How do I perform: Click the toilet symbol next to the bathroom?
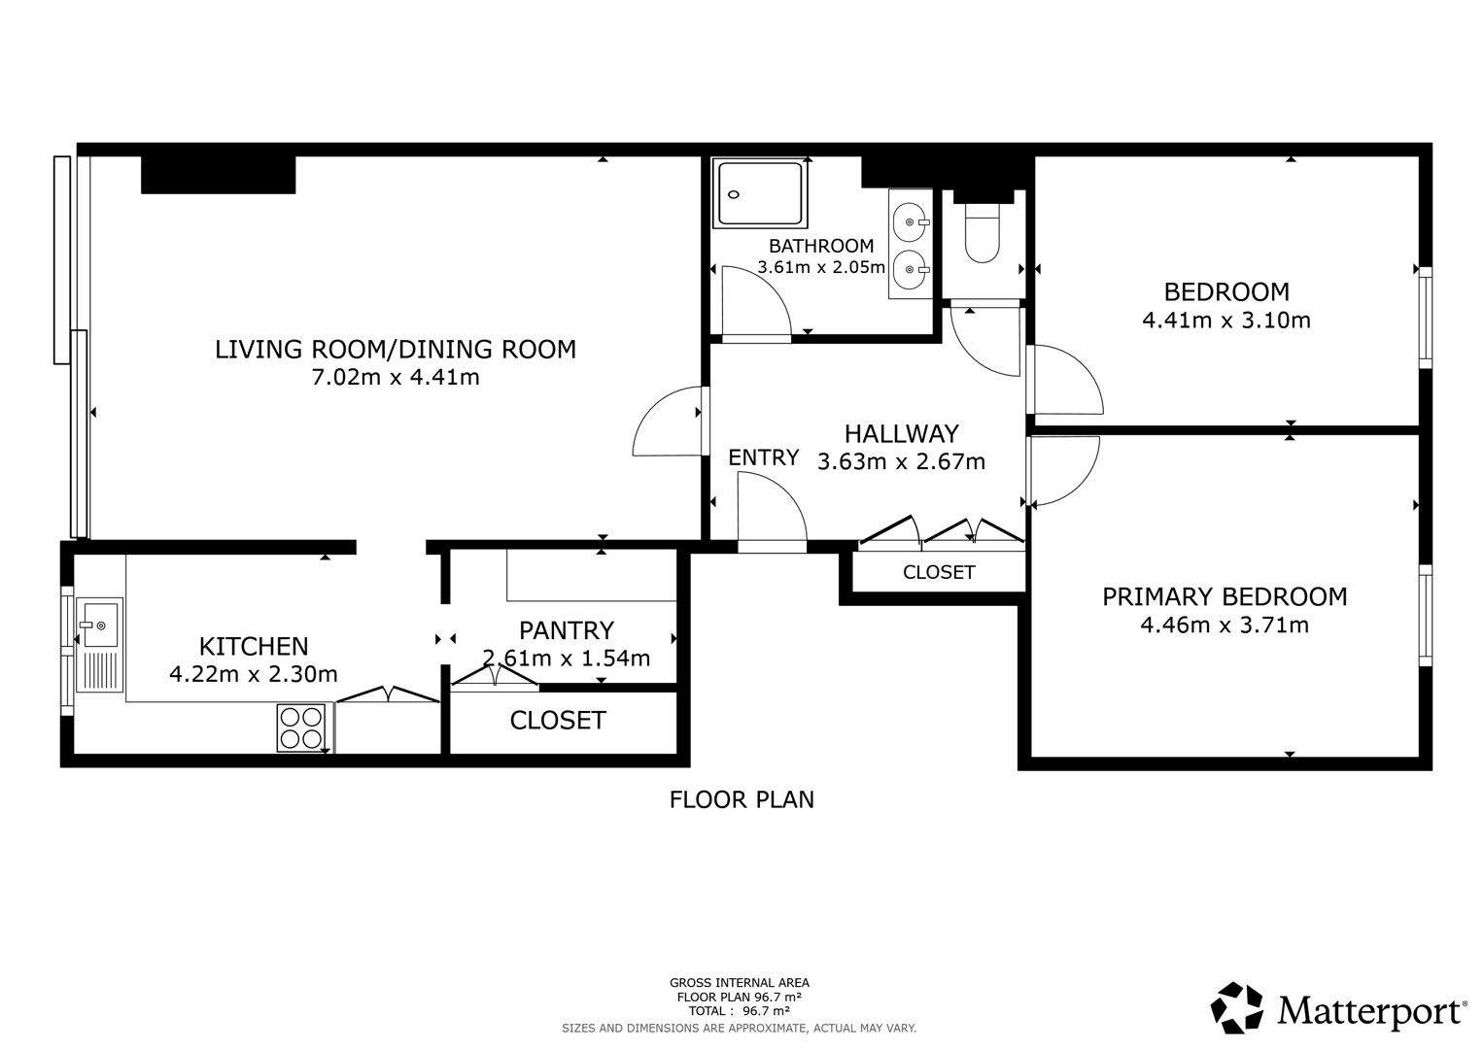[982, 232]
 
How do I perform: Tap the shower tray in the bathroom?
[760, 192]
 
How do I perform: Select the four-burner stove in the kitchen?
[301, 728]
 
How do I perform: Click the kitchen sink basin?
[99, 623]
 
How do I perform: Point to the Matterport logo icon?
[1236, 1008]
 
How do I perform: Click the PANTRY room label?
[567, 630]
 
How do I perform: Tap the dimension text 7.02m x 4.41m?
[396, 378]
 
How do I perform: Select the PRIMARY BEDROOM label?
[1225, 596]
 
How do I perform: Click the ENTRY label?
[763, 457]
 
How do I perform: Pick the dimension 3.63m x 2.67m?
[901, 461]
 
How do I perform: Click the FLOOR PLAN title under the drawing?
[742, 800]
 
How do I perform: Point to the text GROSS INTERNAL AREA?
[740, 983]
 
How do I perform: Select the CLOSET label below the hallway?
[939, 572]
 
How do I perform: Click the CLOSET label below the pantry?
[558, 721]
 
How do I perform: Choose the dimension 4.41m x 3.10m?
[1226, 321]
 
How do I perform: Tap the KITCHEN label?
[254, 646]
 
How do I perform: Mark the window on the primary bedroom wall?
[1425, 615]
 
